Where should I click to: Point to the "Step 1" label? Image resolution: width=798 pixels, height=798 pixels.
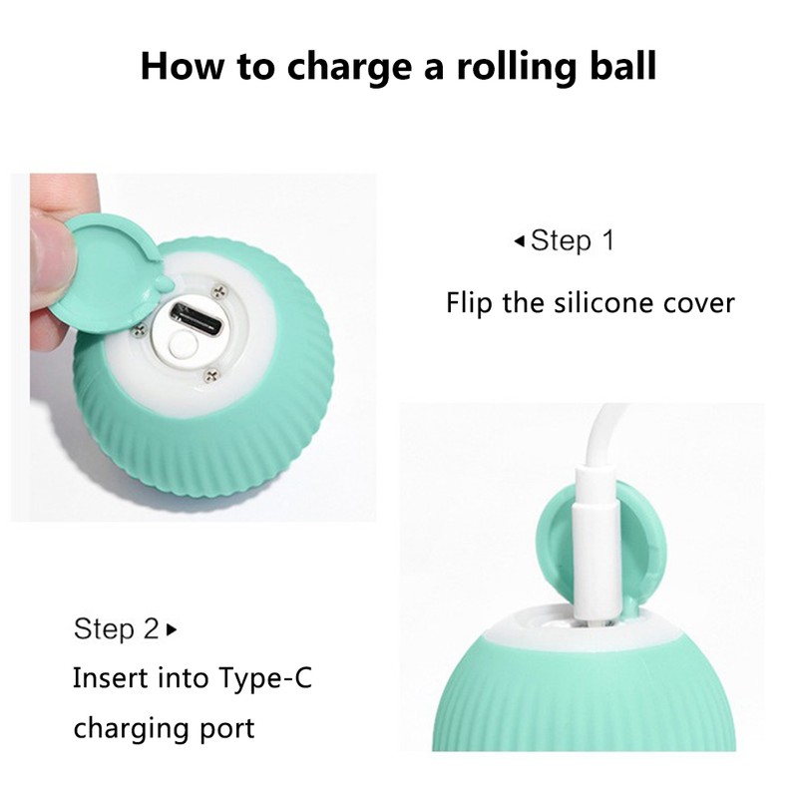pos(572,240)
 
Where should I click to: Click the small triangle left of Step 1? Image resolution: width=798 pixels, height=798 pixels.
pos(519,240)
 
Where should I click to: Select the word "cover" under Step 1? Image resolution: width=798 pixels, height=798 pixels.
pos(698,302)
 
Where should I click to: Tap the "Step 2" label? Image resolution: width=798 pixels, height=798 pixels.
pos(116,629)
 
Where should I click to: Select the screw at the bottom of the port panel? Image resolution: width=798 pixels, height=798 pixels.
pos(211,375)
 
